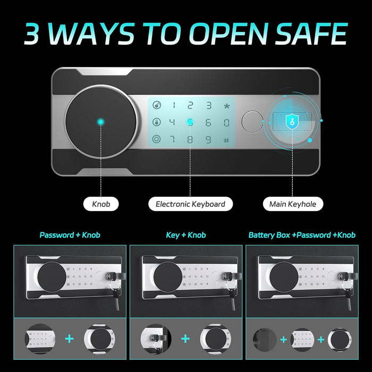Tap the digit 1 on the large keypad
(x=172, y=106)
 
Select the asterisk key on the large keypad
(x=226, y=106)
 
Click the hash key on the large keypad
(x=226, y=140)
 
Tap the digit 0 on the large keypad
(x=226, y=123)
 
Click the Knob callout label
(x=100, y=204)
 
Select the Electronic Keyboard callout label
(x=190, y=204)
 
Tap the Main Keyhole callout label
(x=293, y=204)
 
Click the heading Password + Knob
(x=70, y=234)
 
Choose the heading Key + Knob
(x=186, y=234)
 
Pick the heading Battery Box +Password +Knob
(x=302, y=234)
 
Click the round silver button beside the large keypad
(x=251, y=122)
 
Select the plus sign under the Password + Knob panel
(x=70, y=339)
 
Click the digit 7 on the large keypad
(x=172, y=140)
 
